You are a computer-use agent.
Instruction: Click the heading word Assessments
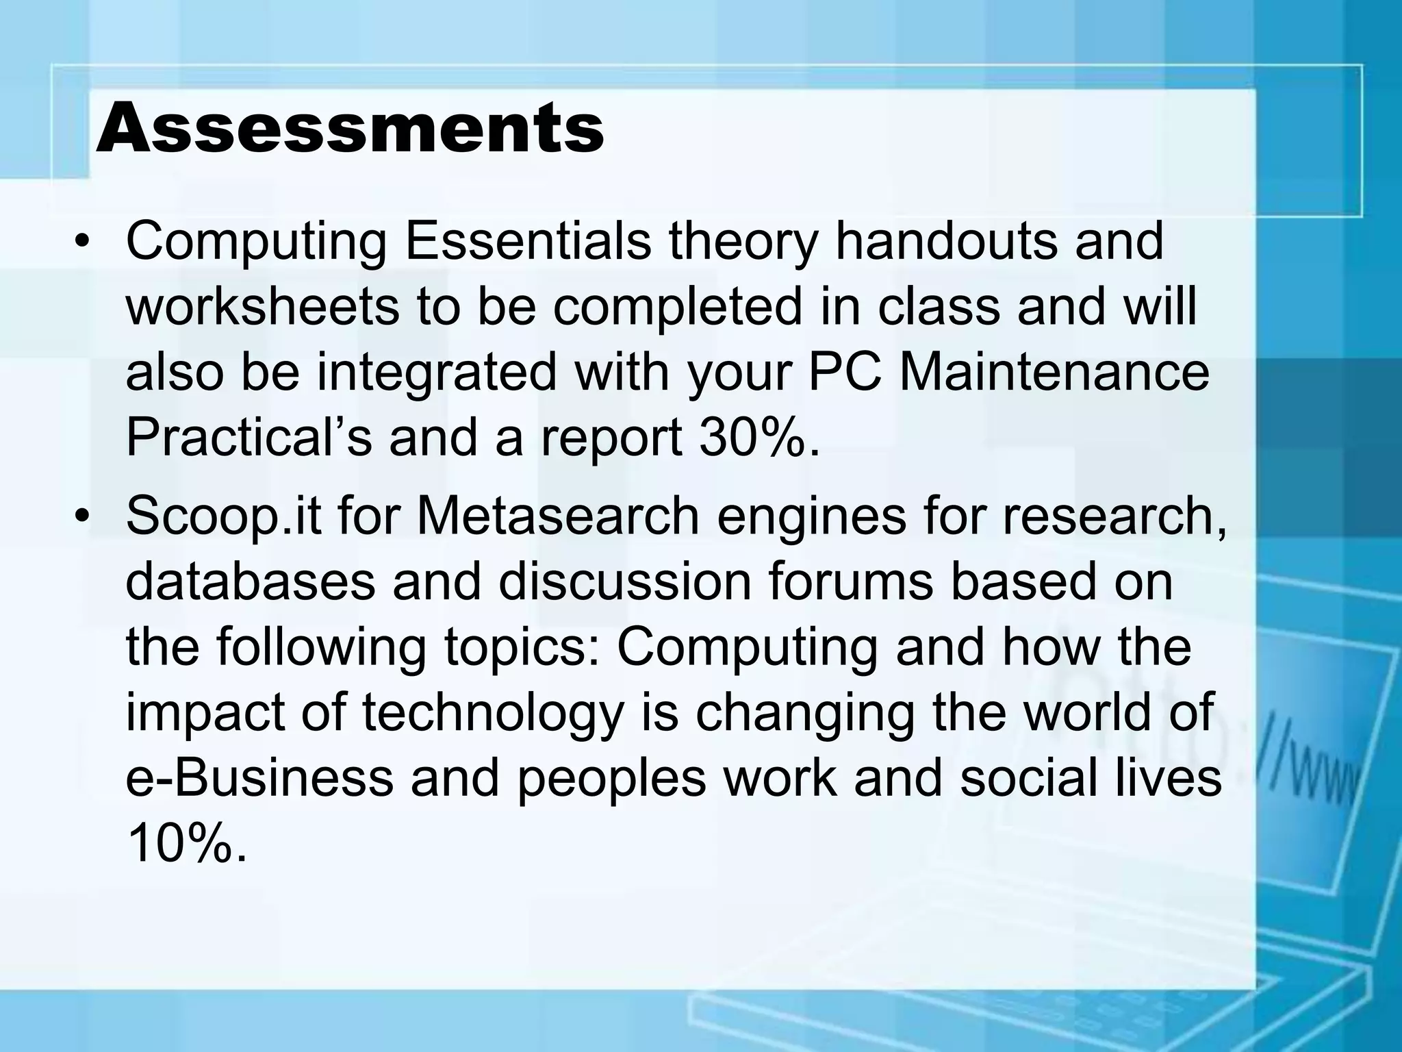coord(350,128)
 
